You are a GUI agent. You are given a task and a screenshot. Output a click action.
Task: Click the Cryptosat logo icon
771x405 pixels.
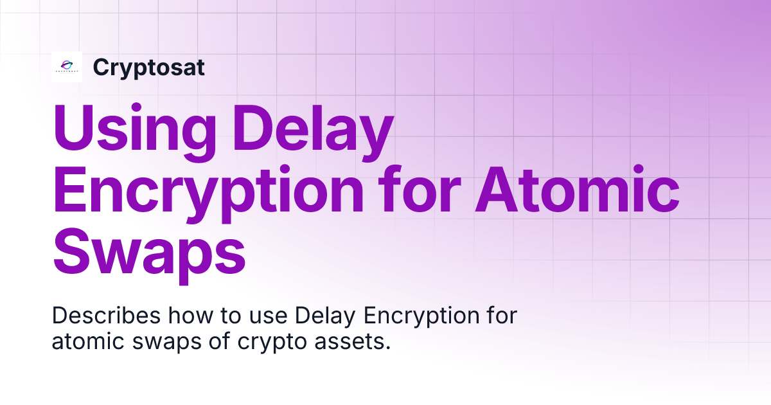pos(67,67)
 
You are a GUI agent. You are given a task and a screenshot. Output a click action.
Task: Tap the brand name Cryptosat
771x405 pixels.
pos(148,67)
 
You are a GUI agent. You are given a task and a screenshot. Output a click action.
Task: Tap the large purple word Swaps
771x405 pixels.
pos(149,253)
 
